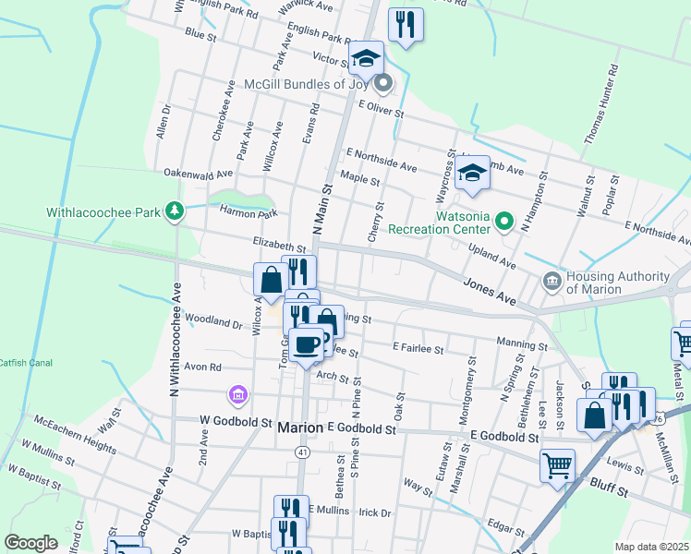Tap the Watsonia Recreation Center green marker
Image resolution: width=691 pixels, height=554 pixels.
coord(503,222)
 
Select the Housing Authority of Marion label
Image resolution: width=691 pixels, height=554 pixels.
coord(618,283)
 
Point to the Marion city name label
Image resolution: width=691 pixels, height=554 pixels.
coord(301,428)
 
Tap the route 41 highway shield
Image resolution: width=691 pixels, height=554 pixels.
coord(303,452)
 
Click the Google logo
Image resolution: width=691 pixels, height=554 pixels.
coord(30,543)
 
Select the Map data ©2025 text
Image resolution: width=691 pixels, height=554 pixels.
coord(651,547)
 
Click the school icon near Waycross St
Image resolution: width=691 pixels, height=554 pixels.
coord(472,173)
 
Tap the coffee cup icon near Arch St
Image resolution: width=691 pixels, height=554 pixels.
coord(307,345)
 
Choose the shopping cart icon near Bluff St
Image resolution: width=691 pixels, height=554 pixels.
coord(557,464)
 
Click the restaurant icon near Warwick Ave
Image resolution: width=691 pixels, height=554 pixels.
coord(405,24)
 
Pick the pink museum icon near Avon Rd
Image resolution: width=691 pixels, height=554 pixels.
coord(238,395)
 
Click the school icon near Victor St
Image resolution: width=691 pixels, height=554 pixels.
coord(366,58)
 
